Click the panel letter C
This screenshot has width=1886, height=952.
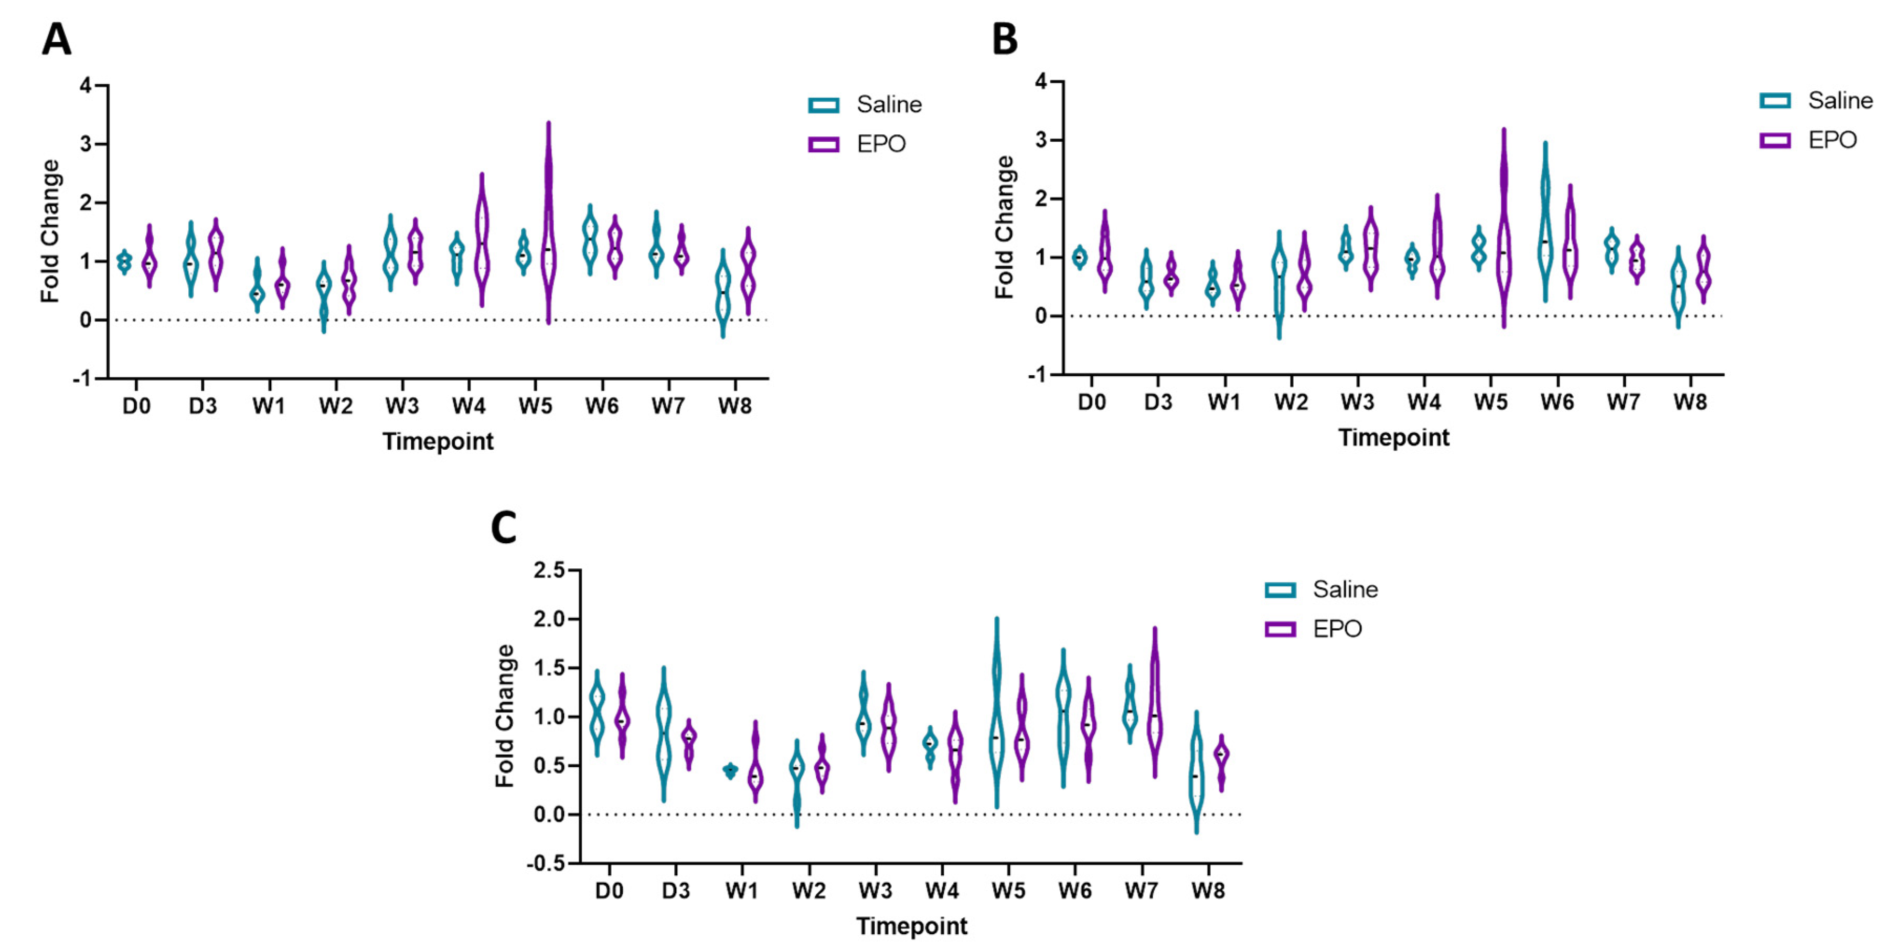click(504, 527)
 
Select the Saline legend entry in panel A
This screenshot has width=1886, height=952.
click(888, 105)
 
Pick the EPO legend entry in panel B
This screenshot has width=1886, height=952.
click(1832, 140)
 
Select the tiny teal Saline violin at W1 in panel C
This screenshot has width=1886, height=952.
click(730, 770)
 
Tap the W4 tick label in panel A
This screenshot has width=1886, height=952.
click(468, 406)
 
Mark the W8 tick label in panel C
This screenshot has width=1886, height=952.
click(1207, 891)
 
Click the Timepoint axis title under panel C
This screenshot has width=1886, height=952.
click(911, 926)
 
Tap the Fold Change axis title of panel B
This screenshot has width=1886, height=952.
click(1005, 227)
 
